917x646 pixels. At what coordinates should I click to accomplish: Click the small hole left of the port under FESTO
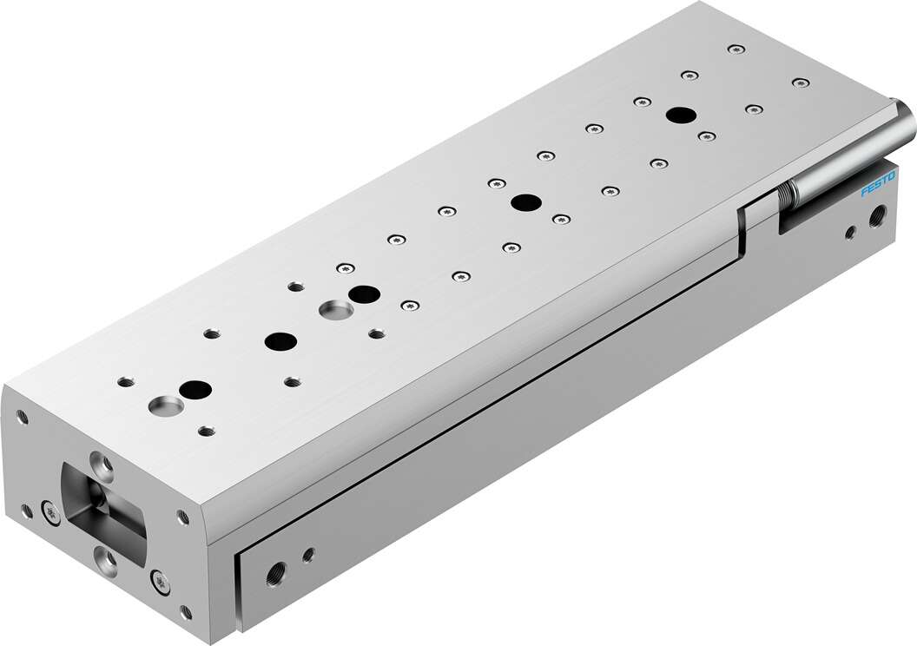coord(851,232)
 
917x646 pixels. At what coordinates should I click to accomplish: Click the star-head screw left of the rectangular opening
coord(49,514)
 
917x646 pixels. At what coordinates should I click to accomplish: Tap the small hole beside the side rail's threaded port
coord(307,552)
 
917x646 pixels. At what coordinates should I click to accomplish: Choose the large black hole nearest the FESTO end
coord(679,115)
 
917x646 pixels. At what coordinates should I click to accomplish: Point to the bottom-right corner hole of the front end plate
coord(186,612)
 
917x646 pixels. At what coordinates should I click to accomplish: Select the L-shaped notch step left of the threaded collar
coord(747,230)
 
